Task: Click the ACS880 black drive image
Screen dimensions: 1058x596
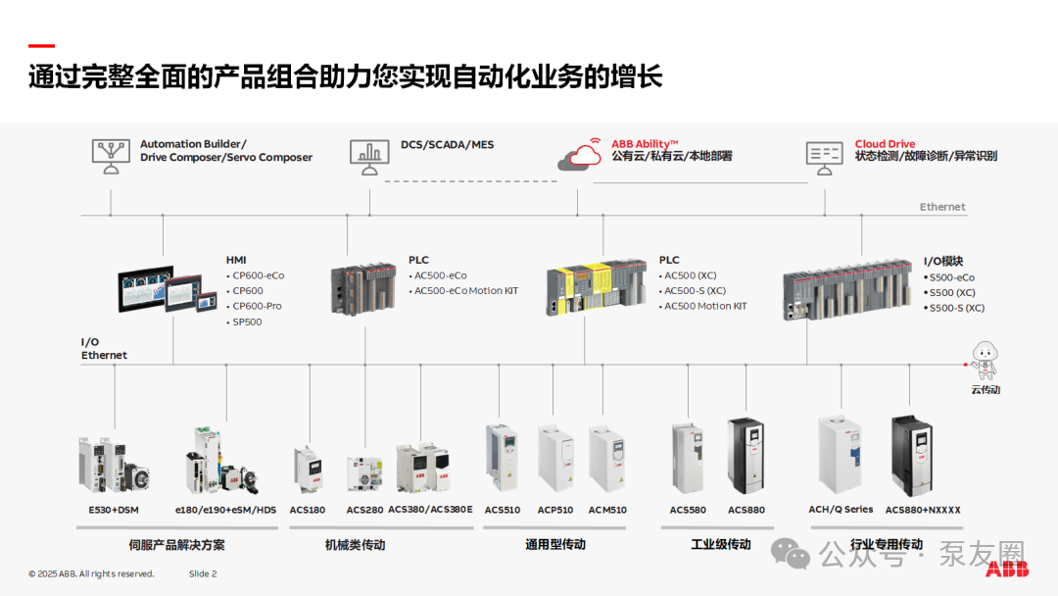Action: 745,456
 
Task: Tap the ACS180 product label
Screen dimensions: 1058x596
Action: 307,510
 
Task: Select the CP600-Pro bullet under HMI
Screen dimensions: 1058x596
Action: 257,306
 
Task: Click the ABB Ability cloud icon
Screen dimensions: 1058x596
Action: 580,155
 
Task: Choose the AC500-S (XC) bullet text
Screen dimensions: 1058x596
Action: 695,291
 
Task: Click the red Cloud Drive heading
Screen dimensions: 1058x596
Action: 885,144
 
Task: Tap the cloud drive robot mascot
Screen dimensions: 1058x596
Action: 985,361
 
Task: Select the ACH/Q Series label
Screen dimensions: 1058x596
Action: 841,510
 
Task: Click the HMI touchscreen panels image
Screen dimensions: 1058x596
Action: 168,289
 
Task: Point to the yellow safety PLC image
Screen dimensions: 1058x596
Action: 596,287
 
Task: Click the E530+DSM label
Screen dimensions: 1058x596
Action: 114,510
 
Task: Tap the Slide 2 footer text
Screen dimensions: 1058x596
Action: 203,573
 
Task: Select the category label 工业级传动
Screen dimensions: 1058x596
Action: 721,544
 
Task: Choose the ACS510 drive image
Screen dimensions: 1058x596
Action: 502,458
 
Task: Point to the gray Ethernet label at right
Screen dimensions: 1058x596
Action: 942,207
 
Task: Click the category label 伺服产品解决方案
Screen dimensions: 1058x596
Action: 176,545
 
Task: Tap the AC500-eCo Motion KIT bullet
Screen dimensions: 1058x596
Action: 465,291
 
